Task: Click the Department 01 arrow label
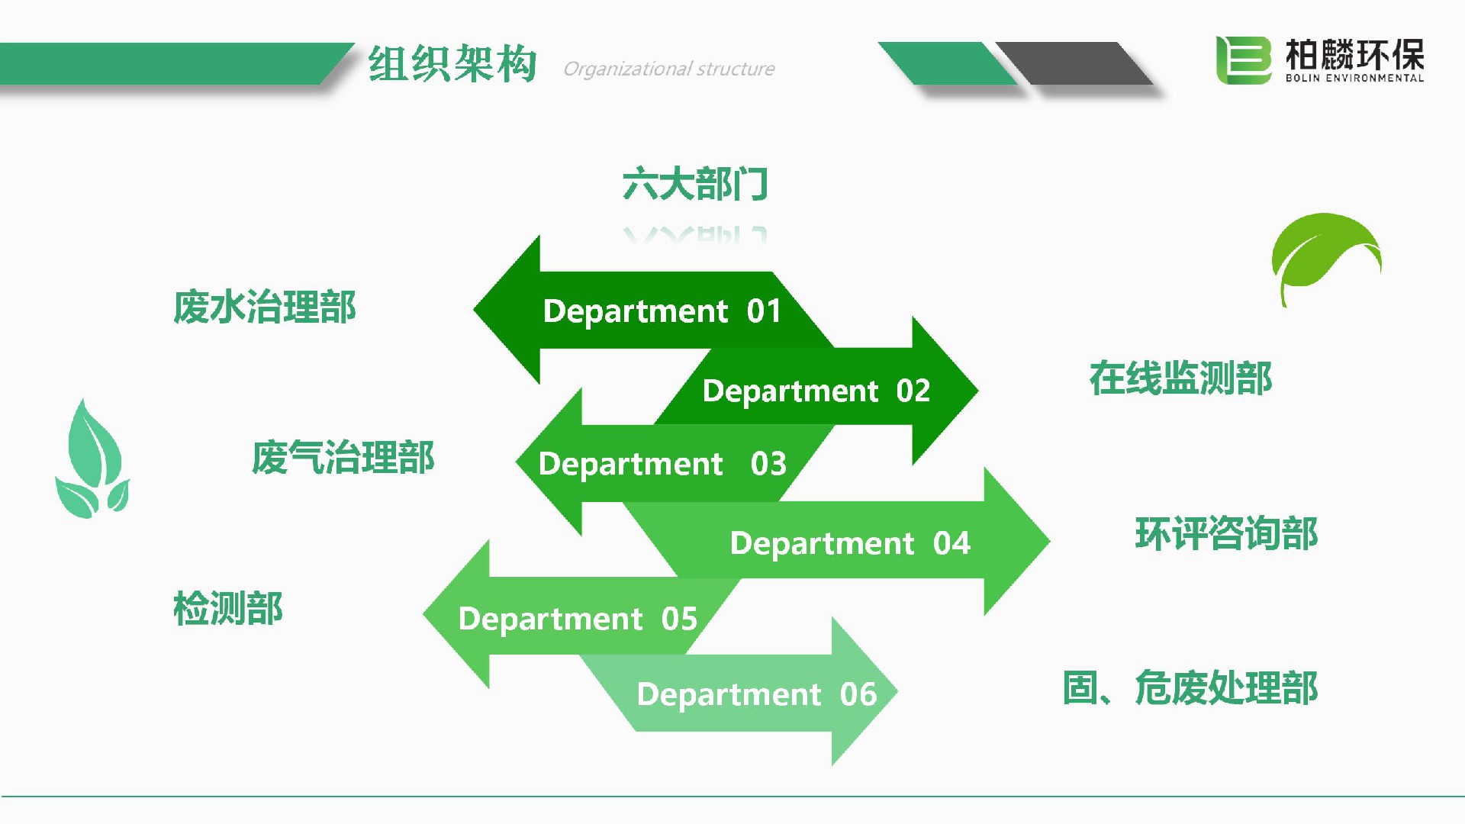click(662, 311)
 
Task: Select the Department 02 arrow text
click(816, 391)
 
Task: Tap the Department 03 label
click(662, 464)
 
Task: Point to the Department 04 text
click(850, 543)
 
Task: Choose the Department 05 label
click(578, 619)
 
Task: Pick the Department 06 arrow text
click(756, 694)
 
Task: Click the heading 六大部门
click(695, 184)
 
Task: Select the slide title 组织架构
click(452, 63)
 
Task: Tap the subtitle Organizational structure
click(668, 69)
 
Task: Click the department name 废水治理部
click(265, 307)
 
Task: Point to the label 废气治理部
click(343, 458)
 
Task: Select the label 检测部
click(228, 609)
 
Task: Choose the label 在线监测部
click(1180, 378)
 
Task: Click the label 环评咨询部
click(1226, 533)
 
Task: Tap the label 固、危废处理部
click(1190, 687)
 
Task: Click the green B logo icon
click(1244, 60)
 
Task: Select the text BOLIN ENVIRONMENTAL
click(1354, 78)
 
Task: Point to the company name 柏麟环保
click(1354, 53)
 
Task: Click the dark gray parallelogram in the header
click(1074, 63)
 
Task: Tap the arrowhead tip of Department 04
click(1050, 541)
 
